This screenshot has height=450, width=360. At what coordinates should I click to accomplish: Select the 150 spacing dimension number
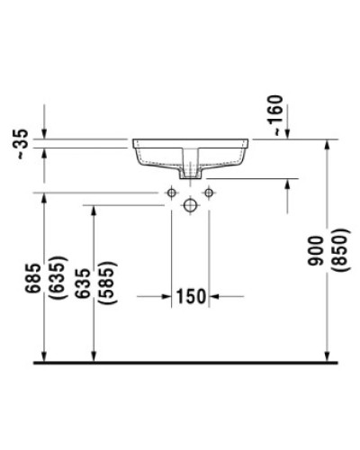(x=193, y=294)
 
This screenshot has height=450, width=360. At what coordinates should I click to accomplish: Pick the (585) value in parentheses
(x=107, y=289)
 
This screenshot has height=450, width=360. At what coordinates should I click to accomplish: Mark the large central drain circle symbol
(x=190, y=205)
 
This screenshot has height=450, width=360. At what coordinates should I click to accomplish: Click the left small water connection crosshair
(x=171, y=193)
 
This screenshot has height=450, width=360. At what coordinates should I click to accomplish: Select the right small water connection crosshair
(x=209, y=193)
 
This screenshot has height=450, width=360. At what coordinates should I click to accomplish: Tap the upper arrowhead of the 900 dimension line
(x=328, y=147)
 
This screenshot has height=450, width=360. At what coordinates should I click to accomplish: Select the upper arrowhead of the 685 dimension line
(x=43, y=199)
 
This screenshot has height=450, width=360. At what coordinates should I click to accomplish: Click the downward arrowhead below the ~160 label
(x=287, y=134)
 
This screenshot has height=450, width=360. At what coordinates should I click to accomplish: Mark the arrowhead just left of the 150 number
(x=167, y=294)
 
